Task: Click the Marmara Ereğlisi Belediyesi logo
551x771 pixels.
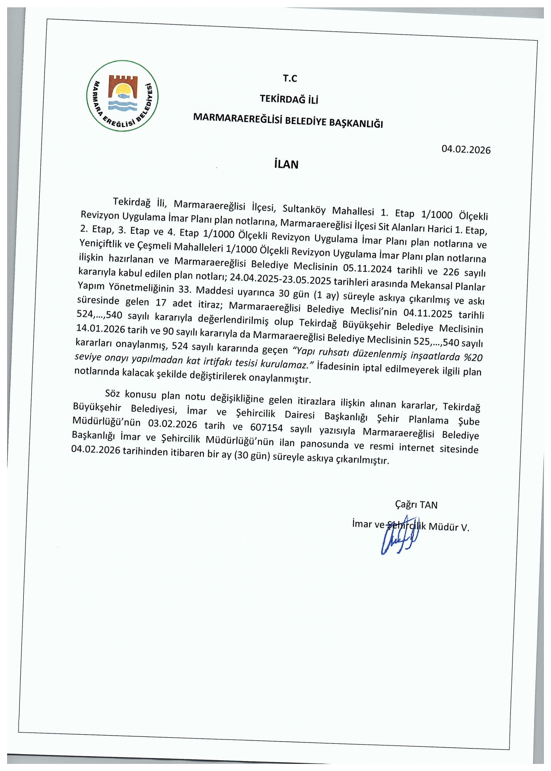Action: point(123,96)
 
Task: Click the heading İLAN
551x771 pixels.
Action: point(286,165)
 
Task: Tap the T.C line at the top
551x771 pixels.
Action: point(290,78)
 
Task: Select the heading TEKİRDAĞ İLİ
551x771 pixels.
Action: point(289,99)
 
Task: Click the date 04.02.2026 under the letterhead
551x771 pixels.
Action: point(466,150)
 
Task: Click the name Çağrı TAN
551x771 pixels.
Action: point(416,505)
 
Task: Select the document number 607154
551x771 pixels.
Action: point(266,428)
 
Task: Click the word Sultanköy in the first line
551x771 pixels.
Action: point(304,210)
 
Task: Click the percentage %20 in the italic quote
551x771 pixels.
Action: point(473,357)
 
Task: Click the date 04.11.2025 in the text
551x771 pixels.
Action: point(427,313)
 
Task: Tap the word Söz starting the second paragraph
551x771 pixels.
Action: point(112,393)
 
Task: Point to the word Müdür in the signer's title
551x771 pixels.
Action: point(443,527)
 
